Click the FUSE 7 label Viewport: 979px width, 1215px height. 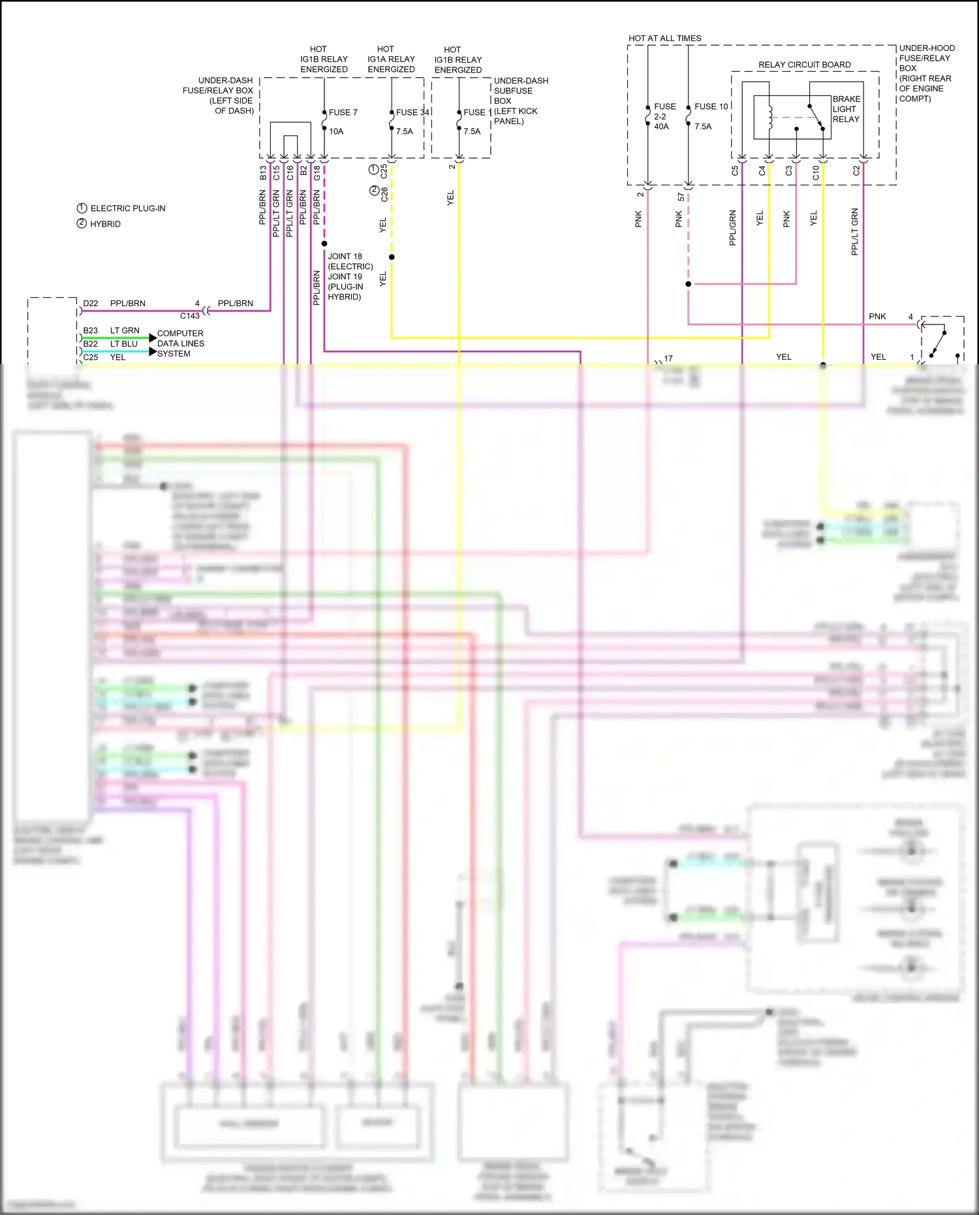[343, 112]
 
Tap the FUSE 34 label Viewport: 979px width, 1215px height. [412, 112]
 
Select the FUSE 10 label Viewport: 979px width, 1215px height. [711, 106]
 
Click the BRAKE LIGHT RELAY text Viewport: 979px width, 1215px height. [846, 109]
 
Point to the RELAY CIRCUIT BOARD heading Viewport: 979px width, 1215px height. [804, 65]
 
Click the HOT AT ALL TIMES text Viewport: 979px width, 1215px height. [664, 39]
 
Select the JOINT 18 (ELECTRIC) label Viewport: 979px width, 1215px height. [350, 261]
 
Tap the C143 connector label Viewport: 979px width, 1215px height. [190, 316]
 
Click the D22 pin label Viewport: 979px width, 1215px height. [91, 304]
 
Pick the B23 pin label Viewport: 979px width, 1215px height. [91, 330]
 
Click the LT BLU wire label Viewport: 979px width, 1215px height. [124, 344]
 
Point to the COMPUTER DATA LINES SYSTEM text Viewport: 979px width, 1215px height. [180, 343]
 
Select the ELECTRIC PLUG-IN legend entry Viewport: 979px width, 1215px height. [127, 208]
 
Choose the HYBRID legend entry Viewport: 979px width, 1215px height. [105, 224]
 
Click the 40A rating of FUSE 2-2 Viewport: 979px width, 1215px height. [661, 127]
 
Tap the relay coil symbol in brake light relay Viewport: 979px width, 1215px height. [769, 118]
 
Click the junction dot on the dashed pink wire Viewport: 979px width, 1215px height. [689, 284]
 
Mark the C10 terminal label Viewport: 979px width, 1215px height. [816, 173]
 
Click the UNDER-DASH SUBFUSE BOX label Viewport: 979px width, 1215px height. [520, 101]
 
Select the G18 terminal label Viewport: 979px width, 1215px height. [317, 173]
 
